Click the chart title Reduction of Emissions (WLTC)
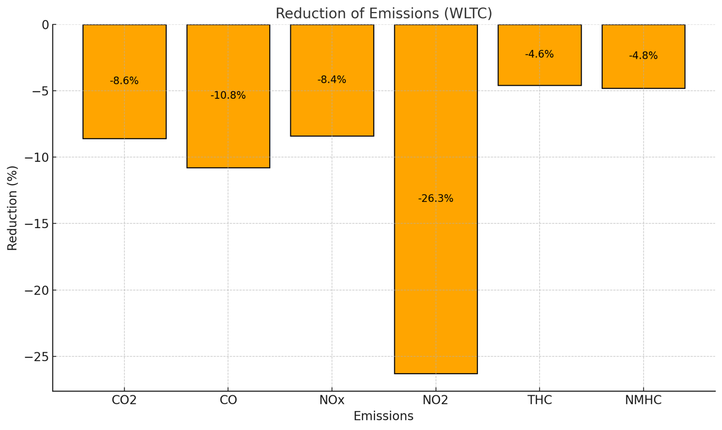point(383,14)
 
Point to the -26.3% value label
point(435,199)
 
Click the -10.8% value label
point(228,96)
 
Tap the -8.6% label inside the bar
point(124,81)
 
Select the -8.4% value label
point(331,80)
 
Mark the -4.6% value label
point(539,54)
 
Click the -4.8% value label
point(643,56)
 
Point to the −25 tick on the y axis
point(36,356)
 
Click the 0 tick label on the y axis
point(45,25)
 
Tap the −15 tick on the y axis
point(36,224)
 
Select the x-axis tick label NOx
point(331,401)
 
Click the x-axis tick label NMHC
point(643,401)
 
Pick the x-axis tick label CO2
point(124,401)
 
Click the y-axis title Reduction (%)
point(13,208)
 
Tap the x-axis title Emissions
point(383,416)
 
